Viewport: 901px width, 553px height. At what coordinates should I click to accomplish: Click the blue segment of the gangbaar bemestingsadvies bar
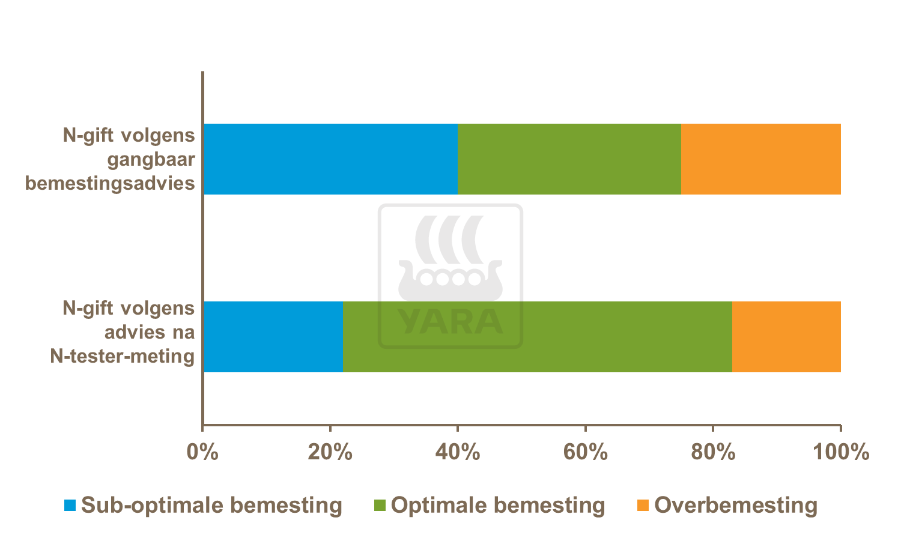[330, 159]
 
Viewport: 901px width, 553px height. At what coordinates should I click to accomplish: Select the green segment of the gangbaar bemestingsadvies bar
[569, 159]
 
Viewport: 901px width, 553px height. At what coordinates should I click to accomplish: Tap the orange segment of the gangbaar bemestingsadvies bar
[760, 159]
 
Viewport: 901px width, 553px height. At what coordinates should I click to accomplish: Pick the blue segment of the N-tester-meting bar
[273, 336]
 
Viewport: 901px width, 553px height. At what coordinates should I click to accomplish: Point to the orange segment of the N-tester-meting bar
[786, 336]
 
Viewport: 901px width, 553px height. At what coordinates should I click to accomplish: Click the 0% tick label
[202, 452]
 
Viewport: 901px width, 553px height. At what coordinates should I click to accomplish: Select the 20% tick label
[330, 452]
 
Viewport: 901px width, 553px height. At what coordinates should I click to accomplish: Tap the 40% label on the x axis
[457, 452]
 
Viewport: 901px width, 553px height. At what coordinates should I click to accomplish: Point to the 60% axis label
[585, 452]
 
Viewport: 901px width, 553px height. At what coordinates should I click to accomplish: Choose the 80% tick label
[713, 452]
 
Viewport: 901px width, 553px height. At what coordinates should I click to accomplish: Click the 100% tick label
[840, 452]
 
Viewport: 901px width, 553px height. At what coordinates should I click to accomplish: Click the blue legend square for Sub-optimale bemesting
[70, 506]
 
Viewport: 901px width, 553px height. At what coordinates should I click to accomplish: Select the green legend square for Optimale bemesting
[380, 506]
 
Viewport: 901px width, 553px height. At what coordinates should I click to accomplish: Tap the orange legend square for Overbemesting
[643, 506]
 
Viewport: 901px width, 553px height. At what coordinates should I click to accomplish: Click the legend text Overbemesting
[736, 506]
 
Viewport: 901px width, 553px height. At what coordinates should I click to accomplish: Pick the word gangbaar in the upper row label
[151, 160]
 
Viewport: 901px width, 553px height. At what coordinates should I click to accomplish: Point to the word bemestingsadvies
[110, 183]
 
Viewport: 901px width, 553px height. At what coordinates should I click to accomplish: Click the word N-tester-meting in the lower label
[123, 357]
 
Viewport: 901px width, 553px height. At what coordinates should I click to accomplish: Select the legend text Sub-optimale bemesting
[211, 506]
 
